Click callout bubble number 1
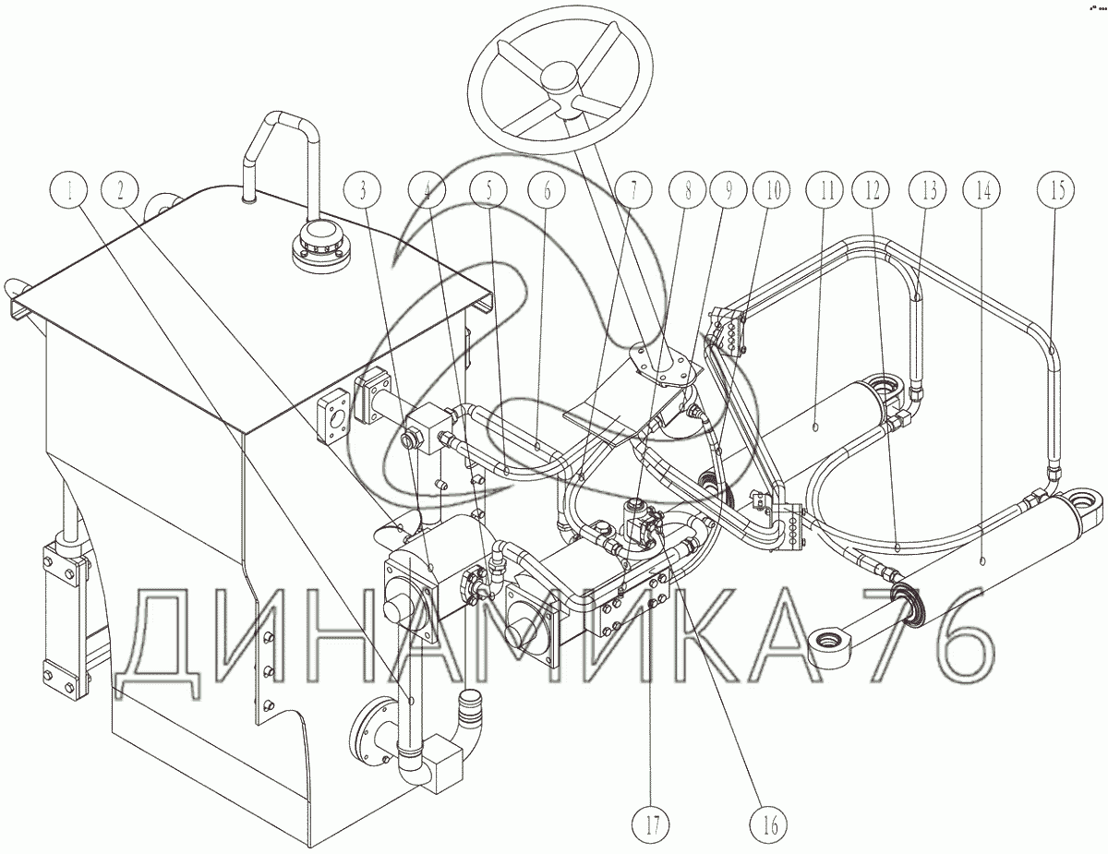tap(70, 191)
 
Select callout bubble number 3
tap(363, 191)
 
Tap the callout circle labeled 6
tap(547, 191)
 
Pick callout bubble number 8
tap(687, 191)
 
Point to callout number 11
tap(826, 191)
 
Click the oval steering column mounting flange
tap(665, 365)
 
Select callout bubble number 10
tap(774, 191)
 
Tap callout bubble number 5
tap(488, 191)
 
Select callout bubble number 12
tap(872, 191)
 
